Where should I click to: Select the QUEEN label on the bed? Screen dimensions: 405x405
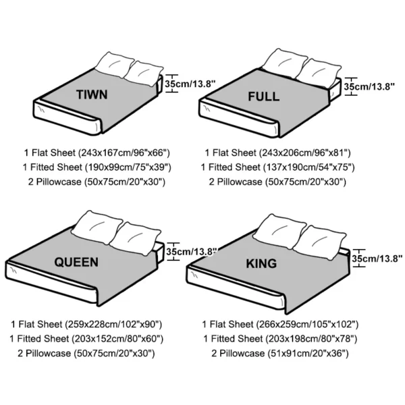coord(76,261)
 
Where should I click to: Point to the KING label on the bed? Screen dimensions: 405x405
coord(262,263)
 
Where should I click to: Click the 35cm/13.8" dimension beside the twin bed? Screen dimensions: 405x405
coord(190,84)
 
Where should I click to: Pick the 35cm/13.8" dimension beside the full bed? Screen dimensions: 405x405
coord(369,86)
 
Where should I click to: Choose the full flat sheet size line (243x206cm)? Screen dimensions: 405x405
coord(277,153)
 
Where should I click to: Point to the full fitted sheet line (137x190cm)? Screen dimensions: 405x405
coord(277,167)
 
